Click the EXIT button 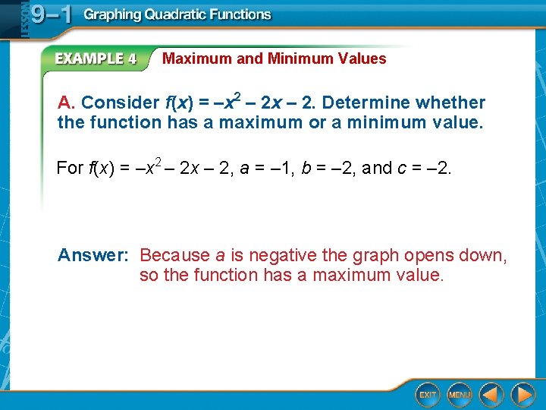428,394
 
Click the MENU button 460,394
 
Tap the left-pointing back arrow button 491,394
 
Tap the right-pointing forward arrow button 522,394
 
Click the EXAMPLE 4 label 96,58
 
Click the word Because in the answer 175,255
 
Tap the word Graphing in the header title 111,14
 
